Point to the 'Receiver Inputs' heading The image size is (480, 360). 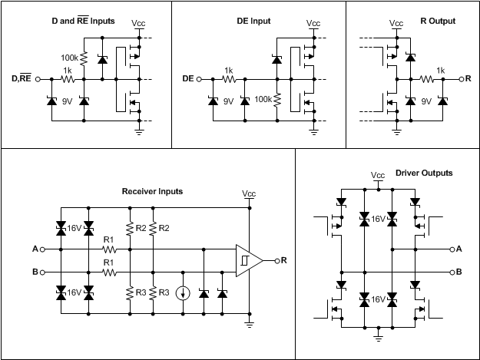tap(152, 191)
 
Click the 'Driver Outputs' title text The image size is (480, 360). tap(423, 173)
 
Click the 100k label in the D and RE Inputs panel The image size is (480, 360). tap(70, 57)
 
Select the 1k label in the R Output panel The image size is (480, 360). tap(440, 70)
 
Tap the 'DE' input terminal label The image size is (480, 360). tap(187, 79)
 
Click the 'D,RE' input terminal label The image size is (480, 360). tap(22, 79)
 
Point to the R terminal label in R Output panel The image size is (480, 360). tap(468, 79)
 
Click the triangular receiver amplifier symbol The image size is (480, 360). tap(248, 260)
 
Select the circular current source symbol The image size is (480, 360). tap(184, 292)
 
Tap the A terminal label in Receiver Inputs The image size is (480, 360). tap(35, 249)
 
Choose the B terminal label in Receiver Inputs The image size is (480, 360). tap(35, 271)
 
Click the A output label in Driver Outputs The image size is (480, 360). tap(458, 249)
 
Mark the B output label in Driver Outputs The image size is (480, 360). tap(458, 271)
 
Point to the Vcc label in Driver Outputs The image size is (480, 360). tap(377, 175)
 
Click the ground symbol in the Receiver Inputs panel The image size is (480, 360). tap(249, 325)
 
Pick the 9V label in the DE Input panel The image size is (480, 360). tap(230, 100)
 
